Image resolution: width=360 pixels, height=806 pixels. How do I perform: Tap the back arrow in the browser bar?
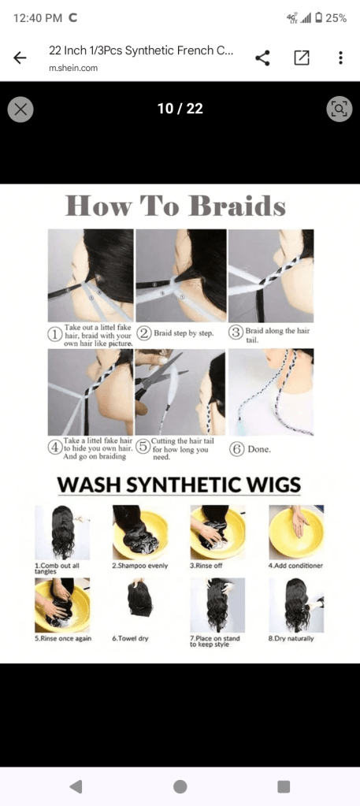(x=20, y=58)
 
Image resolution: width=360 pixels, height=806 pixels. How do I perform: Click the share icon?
(x=262, y=58)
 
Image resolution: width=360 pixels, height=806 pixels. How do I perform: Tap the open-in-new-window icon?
(x=302, y=58)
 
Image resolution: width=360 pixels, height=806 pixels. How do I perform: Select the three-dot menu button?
(x=340, y=58)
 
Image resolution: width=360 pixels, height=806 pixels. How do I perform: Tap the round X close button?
(x=20, y=109)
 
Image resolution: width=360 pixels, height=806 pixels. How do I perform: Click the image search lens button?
(x=340, y=109)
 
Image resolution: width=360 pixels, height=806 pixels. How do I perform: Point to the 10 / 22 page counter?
(x=180, y=109)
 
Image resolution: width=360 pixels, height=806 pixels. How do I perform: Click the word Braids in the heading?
(x=237, y=206)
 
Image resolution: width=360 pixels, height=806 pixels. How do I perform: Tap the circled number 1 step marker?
(x=54, y=333)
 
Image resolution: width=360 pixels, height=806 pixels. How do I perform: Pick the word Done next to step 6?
(x=259, y=449)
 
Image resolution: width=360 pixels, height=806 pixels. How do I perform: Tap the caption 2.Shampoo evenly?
(x=140, y=566)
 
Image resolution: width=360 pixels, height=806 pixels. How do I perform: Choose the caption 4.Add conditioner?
(x=295, y=566)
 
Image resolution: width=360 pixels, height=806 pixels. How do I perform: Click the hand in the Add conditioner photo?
(x=299, y=522)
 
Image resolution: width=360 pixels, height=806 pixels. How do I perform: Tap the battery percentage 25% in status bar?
(x=336, y=18)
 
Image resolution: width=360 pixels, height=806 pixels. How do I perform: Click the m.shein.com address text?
(x=73, y=68)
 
